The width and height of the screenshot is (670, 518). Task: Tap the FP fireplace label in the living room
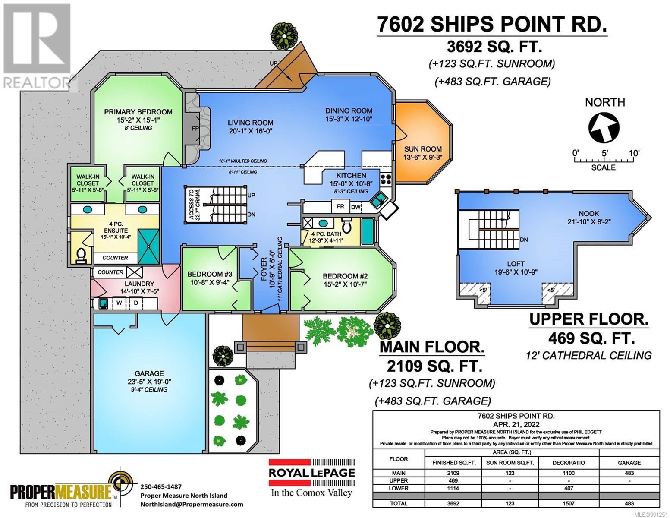pos(195,129)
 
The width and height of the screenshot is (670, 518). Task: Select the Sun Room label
pos(423,149)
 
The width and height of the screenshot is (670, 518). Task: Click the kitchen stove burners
pos(386,179)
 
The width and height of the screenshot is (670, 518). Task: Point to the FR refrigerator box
pos(340,206)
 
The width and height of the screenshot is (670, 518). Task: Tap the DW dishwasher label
pos(355,207)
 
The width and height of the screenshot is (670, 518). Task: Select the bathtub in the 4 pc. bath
pos(367,231)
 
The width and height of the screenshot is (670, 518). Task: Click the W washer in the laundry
pos(119,303)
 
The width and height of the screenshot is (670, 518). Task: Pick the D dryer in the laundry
pos(135,303)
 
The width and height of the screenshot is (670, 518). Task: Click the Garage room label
pos(149,373)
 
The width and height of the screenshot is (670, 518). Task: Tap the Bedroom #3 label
pos(209,274)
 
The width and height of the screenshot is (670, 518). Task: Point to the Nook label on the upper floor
pos(588,213)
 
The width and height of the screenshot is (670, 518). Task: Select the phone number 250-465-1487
pos(161,486)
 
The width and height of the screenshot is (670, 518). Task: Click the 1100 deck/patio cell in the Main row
pos(569,473)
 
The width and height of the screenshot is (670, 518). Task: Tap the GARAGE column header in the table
pos(629,463)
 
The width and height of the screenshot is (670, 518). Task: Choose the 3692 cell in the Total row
pos(453,503)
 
